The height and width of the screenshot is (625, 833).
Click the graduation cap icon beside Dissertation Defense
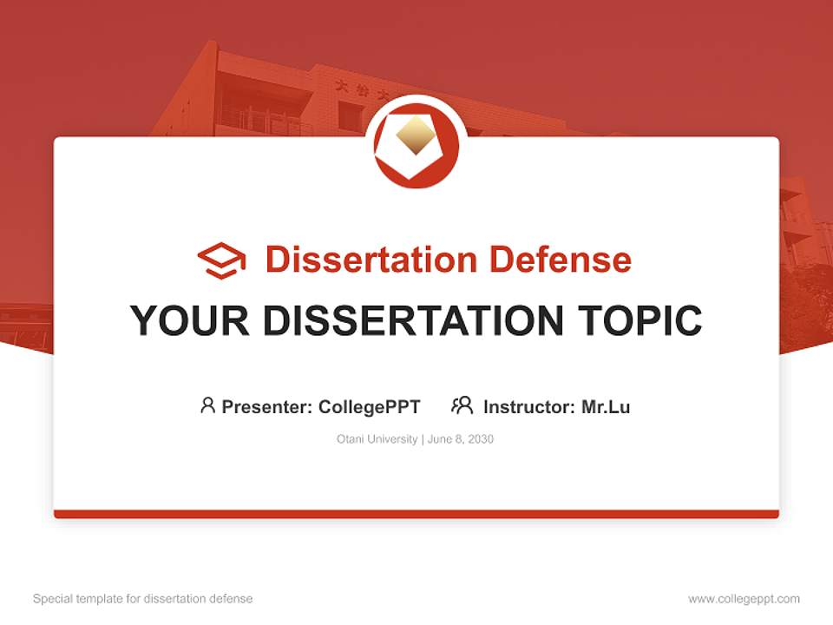[x=221, y=260]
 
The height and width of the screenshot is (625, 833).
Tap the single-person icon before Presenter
[x=207, y=405]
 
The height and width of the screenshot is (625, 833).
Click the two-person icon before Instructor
[x=462, y=405]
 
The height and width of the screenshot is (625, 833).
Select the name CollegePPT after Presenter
[x=370, y=406]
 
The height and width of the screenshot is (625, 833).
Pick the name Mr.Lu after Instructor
[x=606, y=406]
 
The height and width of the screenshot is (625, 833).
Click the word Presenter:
[x=267, y=406]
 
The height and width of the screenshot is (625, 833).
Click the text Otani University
[x=377, y=439]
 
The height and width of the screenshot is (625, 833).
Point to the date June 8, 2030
[x=461, y=439]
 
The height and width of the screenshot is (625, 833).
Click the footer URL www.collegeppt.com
[x=744, y=599]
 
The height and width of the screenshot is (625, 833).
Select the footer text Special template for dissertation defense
[x=143, y=599]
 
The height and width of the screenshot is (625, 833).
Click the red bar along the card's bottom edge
[x=416, y=514]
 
